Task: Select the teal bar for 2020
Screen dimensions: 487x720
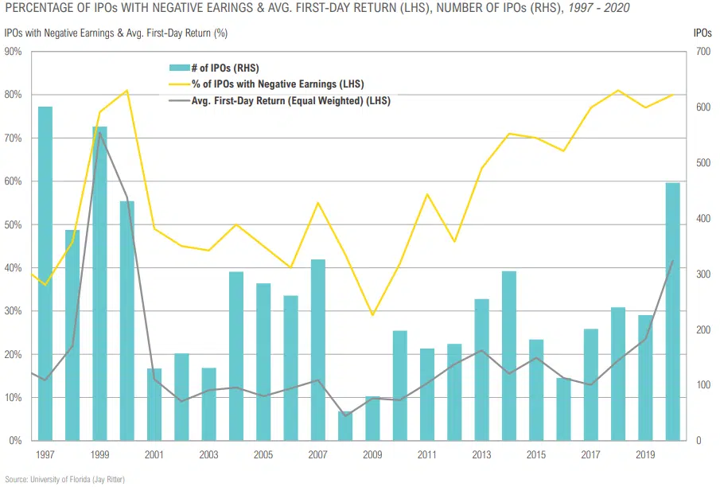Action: pos(672,311)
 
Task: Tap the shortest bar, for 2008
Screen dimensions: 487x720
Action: pos(344,426)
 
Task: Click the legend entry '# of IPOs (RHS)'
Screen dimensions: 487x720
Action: pos(225,68)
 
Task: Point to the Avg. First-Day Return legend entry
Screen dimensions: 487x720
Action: pos(279,101)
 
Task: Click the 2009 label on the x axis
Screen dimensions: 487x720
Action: pos(372,455)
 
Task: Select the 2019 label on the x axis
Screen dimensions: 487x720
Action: pos(645,455)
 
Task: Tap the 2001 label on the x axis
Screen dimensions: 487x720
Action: pos(154,455)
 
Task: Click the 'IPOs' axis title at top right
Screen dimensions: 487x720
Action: pos(702,33)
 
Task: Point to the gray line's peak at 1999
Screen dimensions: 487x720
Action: pos(99,132)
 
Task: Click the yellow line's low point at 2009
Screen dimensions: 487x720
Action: pos(372,315)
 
